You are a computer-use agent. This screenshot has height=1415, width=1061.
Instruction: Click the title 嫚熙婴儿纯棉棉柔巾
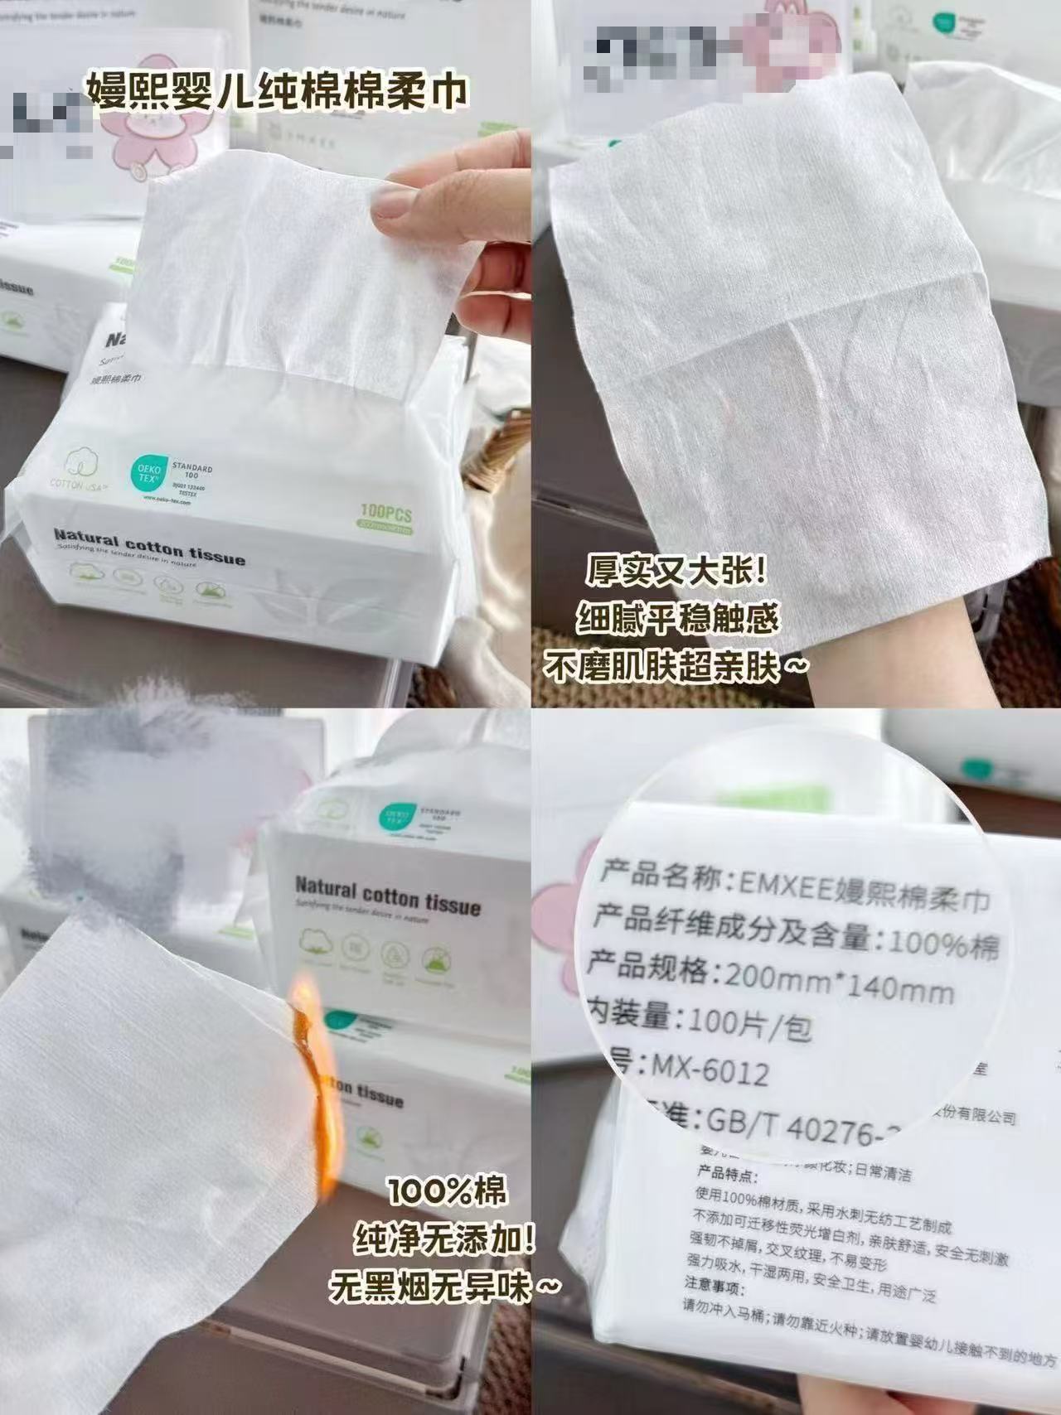click(x=277, y=89)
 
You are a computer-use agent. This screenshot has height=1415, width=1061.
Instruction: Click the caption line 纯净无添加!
click(x=444, y=1241)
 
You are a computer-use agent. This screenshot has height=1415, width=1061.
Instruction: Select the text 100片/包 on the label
click(x=749, y=1025)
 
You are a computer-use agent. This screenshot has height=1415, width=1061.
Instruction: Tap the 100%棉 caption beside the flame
click(x=446, y=1193)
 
